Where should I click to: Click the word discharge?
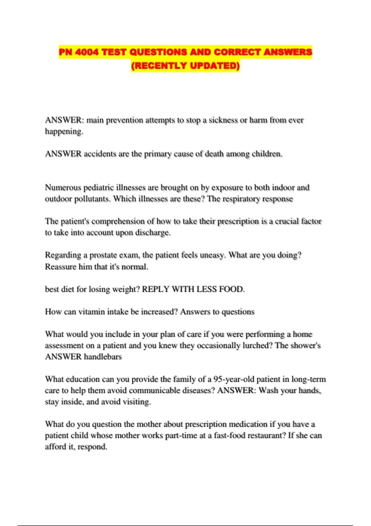[x=153, y=232]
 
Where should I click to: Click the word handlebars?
[x=103, y=357]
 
